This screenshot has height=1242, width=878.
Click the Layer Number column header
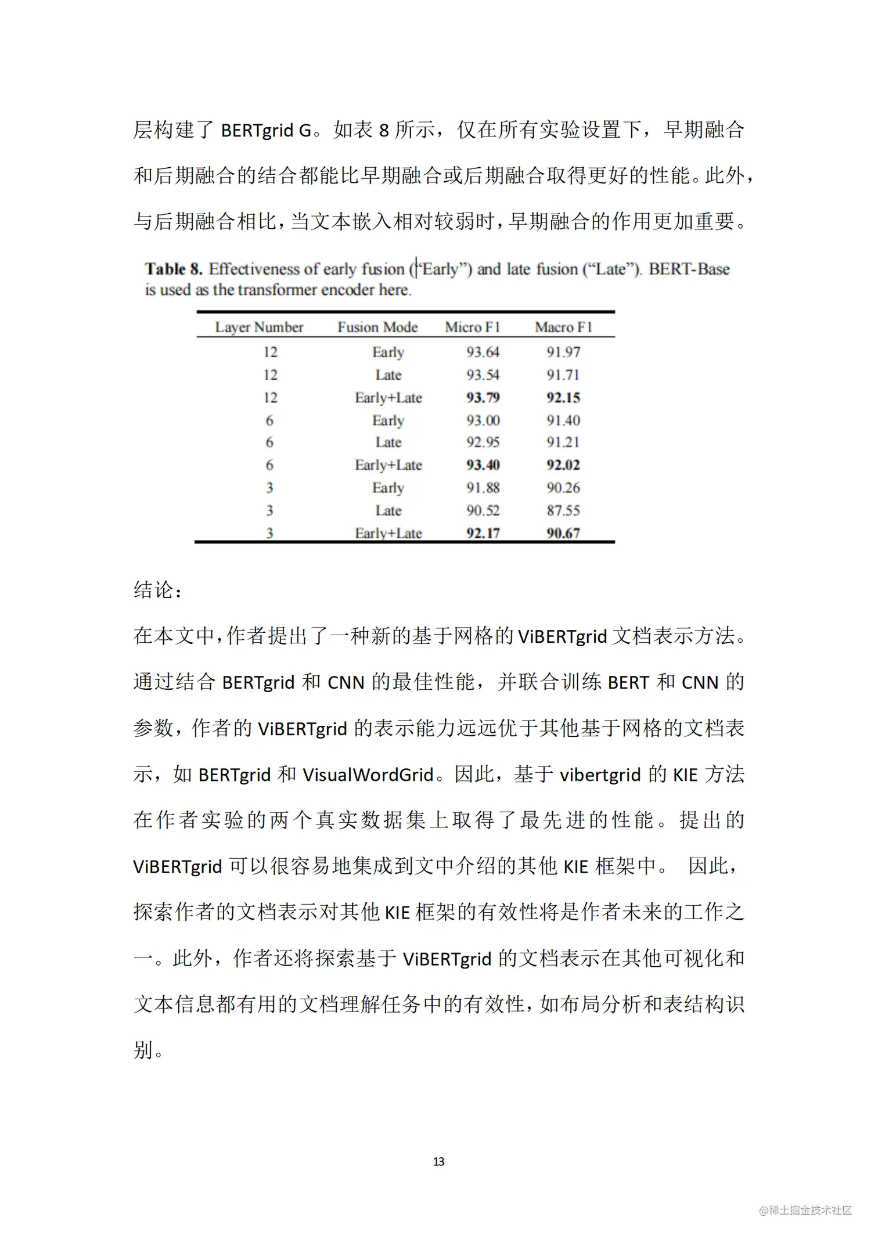[x=259, y=327]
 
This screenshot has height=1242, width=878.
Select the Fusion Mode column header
[x=377, y=327]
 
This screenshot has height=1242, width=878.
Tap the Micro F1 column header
[x=472, y=327]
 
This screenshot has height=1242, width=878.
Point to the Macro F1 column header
[x=563, y=327]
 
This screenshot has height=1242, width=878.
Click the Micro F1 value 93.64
[x=483, y=352]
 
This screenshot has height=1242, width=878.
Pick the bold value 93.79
[x=483, y=398]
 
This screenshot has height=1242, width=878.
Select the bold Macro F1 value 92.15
[x=563, y=398]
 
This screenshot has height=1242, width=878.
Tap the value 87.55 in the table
[x=563, y=510]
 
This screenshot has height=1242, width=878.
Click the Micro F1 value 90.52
[x=483, y=510]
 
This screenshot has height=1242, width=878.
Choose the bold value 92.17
[x=483, y=533]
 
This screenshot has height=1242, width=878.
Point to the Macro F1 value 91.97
[x=563, y=352]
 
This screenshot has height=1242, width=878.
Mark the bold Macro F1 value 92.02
[x=563, y=465]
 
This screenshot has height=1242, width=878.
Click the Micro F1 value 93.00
[x=483, y=420]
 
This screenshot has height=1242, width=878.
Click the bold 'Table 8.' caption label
[x=174, y=269]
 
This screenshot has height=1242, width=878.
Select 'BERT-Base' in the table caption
[x=689, y=269]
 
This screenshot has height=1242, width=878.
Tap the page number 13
[x=439, y=1161]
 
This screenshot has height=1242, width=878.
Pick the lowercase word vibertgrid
[x=600, y=775]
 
